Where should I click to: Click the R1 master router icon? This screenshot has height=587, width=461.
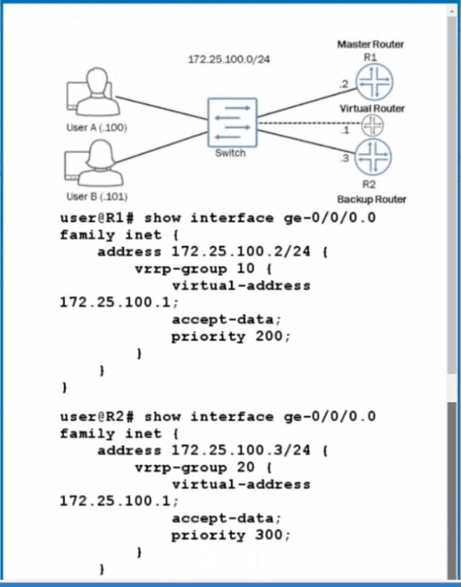pos(374,81)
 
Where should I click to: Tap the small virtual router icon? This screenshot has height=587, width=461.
pos(372,125)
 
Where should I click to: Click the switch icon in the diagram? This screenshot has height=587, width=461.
pos(232,122)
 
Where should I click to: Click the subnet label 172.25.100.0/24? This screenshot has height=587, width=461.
pos(229,60)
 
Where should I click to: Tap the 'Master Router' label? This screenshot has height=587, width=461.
pos(371,44)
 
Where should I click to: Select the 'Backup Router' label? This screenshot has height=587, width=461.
pos(372,199)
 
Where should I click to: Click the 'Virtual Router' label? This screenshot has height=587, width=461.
pos(372,109)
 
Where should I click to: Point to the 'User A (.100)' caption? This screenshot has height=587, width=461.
pos(97,128)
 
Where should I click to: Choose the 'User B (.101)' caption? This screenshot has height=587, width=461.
pos(97,197)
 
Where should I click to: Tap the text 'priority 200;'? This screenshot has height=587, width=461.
pos(230,337)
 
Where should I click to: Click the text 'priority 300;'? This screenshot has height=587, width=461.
pos(230,535)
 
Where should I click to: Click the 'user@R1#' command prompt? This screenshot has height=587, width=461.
pos(98,218)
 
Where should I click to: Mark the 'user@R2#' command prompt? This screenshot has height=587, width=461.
pos(98,416)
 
